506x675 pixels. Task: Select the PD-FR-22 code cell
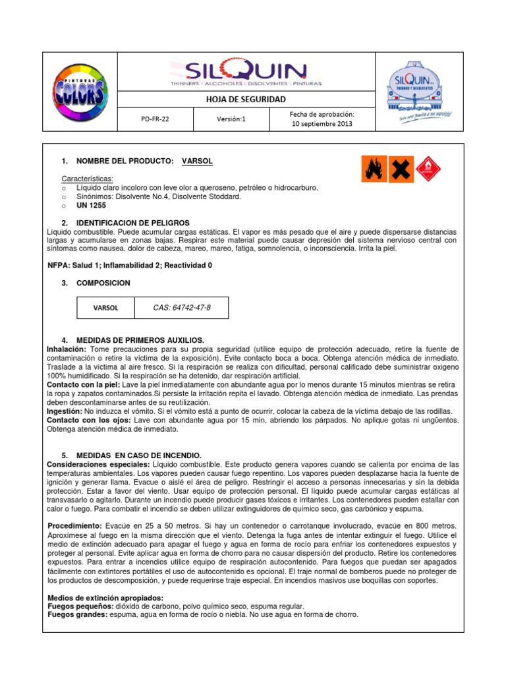[x=155, y=120]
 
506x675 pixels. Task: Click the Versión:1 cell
[x=231, y=120]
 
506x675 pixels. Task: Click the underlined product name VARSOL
[x=197, y=161]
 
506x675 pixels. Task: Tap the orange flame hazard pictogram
[x=374, y=169]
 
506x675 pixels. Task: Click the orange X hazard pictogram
[x=401, y=169]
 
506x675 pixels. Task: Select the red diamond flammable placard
[x=428, y=169]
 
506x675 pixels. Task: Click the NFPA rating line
[x=130, y=265]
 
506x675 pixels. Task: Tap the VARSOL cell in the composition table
[x=105, y=308]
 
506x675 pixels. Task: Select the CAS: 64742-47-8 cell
[x=182, y=308]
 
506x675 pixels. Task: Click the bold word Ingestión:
[x=65, y=410]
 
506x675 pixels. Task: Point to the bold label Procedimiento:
[x=75, y=525]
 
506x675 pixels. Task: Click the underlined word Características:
[x=87, y=179]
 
